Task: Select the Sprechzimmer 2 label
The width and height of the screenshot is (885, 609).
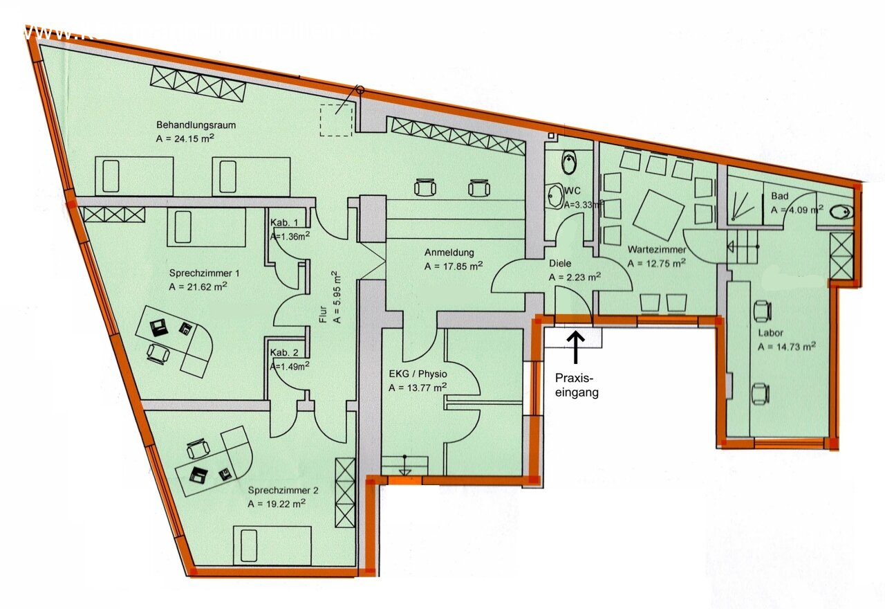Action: [x=283, y=490]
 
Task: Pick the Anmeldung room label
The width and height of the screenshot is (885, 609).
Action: [x=449, y=253]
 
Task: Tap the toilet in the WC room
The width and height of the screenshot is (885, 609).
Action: [x=570, y=163]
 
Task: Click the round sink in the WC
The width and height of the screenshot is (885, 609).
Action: [x=555, y=195]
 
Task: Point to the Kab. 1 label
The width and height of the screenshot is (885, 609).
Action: [x=284, y=223]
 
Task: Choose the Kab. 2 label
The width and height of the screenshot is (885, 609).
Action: [x=284, y=352]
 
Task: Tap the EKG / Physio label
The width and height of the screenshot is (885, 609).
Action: [x=416, y=375]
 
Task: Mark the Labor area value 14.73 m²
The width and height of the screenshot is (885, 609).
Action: [x=786, y=347]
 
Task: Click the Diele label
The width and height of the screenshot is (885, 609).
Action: [x=561, y=264]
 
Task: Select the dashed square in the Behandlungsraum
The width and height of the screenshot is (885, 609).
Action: [x=336, y=119]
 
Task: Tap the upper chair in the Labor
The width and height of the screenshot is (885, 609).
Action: [x=763, y=311]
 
